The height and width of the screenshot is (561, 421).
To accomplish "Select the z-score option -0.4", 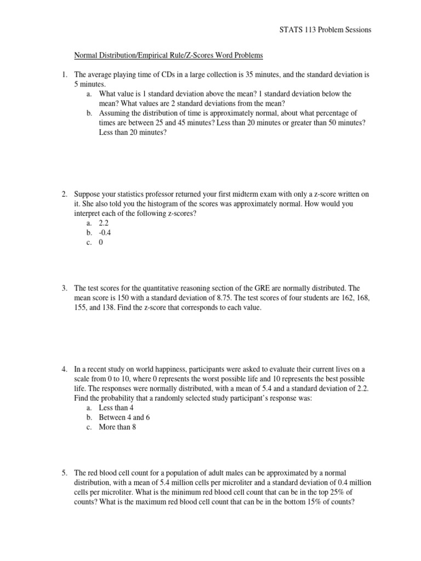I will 105,233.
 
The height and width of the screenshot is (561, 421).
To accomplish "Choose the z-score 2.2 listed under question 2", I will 104,223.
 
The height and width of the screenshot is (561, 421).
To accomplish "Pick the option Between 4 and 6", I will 124,417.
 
